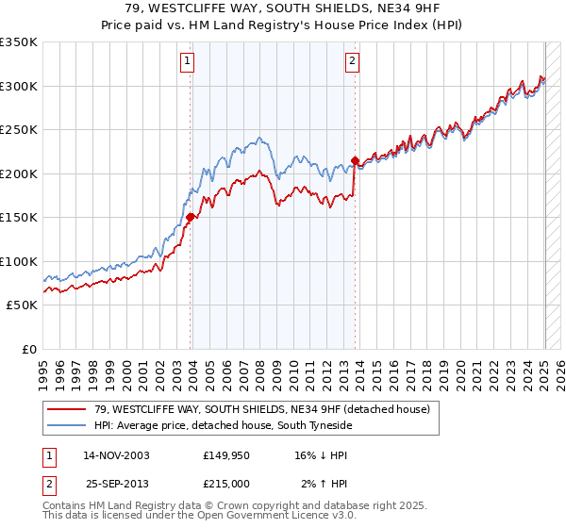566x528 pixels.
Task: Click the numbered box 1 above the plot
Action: (188, 62)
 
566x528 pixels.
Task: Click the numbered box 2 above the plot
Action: (352, 62)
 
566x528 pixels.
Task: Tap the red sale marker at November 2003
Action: (191, 217)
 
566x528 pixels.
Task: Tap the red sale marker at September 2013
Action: (355, 160)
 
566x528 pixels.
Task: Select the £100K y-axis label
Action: (19, 261)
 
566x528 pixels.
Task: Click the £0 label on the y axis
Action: (28, 349)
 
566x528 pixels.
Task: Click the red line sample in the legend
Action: (68, 409)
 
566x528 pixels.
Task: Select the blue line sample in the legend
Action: (68, 425)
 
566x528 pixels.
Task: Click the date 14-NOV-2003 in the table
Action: (116, 455)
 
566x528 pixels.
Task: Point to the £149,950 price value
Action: (227, 455)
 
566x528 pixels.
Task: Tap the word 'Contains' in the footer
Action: (66, 505)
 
